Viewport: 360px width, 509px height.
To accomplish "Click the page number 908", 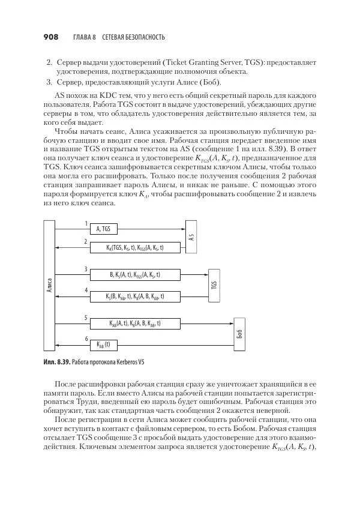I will click(x=51, y=37).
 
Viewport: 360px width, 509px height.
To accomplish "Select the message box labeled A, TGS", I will click(x=103, y=229).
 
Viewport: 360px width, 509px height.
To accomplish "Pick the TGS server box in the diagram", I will click(x=214, y=284).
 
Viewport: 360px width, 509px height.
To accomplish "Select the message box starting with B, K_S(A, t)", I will click(x=135, y=274).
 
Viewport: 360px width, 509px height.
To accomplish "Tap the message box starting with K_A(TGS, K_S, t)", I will click(x=135, y=247).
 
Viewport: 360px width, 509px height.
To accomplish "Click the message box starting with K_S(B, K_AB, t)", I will click(x=135, y=295).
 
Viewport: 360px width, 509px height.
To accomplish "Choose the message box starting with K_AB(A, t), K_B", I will click(x=135, y=323).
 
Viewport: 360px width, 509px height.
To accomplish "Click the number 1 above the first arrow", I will click(x=86, y=223).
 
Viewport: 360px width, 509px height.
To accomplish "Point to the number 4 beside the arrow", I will click(x=86, y=290).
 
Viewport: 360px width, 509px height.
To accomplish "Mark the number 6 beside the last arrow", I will click(x=86, y=339).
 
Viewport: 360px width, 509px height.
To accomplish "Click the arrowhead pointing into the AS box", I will click(x=182, y=229).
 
